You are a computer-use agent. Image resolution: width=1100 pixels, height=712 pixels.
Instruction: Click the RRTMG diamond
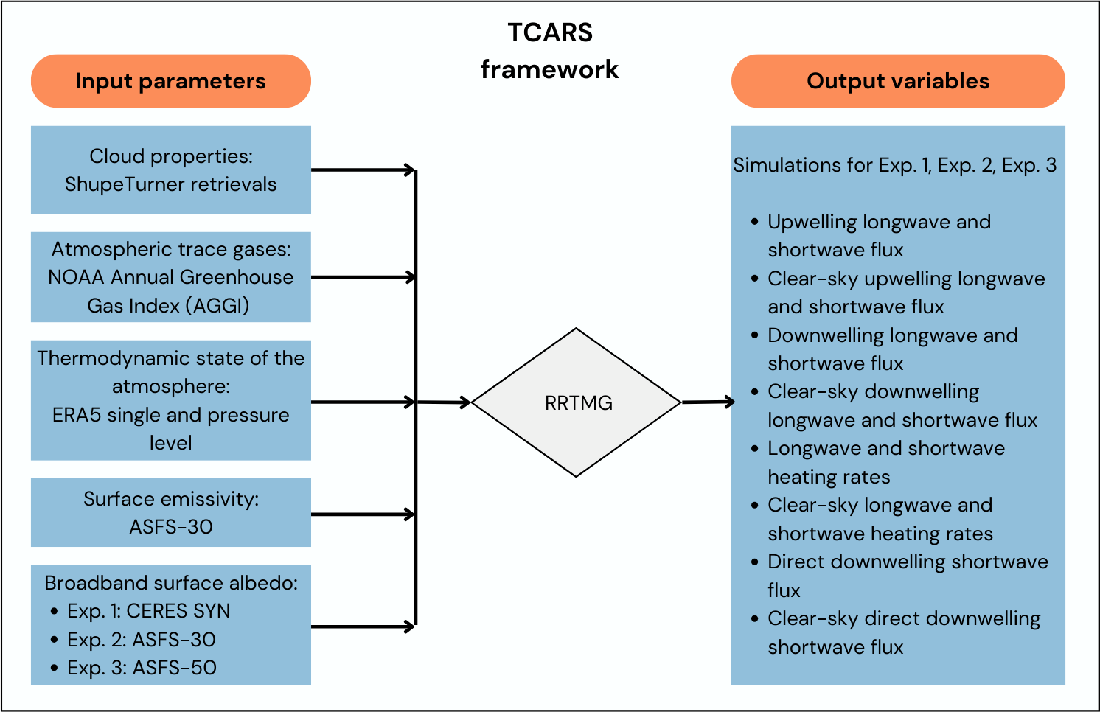coord(576,402)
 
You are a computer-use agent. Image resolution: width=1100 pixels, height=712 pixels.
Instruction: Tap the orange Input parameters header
coord(170,81)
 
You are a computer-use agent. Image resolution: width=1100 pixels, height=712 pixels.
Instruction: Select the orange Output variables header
coord(898,81)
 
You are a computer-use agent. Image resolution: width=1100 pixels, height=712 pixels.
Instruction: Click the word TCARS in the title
coord(550,32)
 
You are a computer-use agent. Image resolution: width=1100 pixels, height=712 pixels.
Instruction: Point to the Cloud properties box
coord(170,170)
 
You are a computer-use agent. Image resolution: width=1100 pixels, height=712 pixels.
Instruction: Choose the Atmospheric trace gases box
coord(170,277)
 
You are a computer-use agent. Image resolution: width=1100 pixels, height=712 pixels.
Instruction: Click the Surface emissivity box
coord(170,512)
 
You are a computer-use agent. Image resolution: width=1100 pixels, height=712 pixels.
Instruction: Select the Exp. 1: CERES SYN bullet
coord(148,611)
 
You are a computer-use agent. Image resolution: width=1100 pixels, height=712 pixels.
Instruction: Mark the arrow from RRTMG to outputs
coord(709,402)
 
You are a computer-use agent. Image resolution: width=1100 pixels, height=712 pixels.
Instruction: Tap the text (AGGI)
coord(218,305)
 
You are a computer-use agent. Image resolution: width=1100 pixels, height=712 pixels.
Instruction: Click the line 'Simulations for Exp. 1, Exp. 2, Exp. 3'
coord(894,165)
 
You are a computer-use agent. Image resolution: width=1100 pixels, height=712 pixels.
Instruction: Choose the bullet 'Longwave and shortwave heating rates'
coord(885,462)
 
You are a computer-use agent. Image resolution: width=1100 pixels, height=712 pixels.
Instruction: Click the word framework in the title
coord(550,69)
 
